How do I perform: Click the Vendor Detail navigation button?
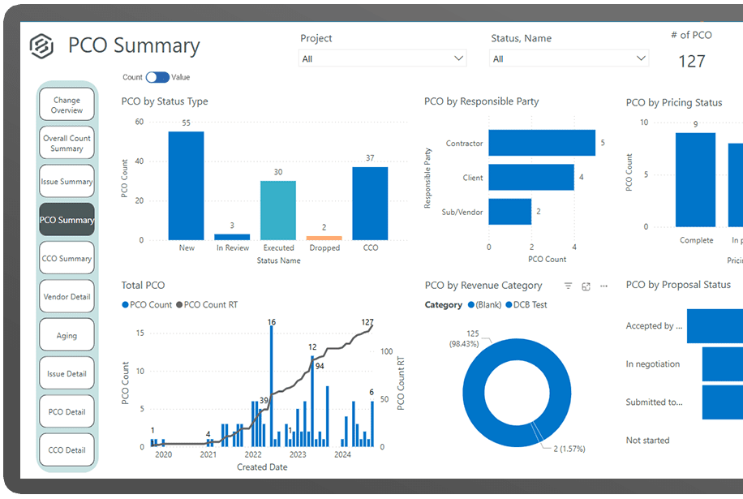coord(67,297)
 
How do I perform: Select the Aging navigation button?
coord(67,335)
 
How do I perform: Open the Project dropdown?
coord(383,58)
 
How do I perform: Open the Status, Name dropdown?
coord(569,58)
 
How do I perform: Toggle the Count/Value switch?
coord(157,77)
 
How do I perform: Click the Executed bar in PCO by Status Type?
coord(278,210)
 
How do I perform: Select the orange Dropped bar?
coord(324,238)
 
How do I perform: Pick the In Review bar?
coord(232,237)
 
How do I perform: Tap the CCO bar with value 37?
coord(370,203)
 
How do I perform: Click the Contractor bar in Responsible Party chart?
coord(541,143)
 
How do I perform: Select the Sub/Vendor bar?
coord(509,211)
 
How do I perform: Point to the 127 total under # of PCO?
coord(691,61)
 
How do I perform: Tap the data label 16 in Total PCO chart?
coord(272,322)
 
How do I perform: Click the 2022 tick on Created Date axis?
coord(253,455)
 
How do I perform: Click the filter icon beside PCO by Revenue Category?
coord(568,286)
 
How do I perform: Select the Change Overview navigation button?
coord(67,105)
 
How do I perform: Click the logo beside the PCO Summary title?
coord(41,46)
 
